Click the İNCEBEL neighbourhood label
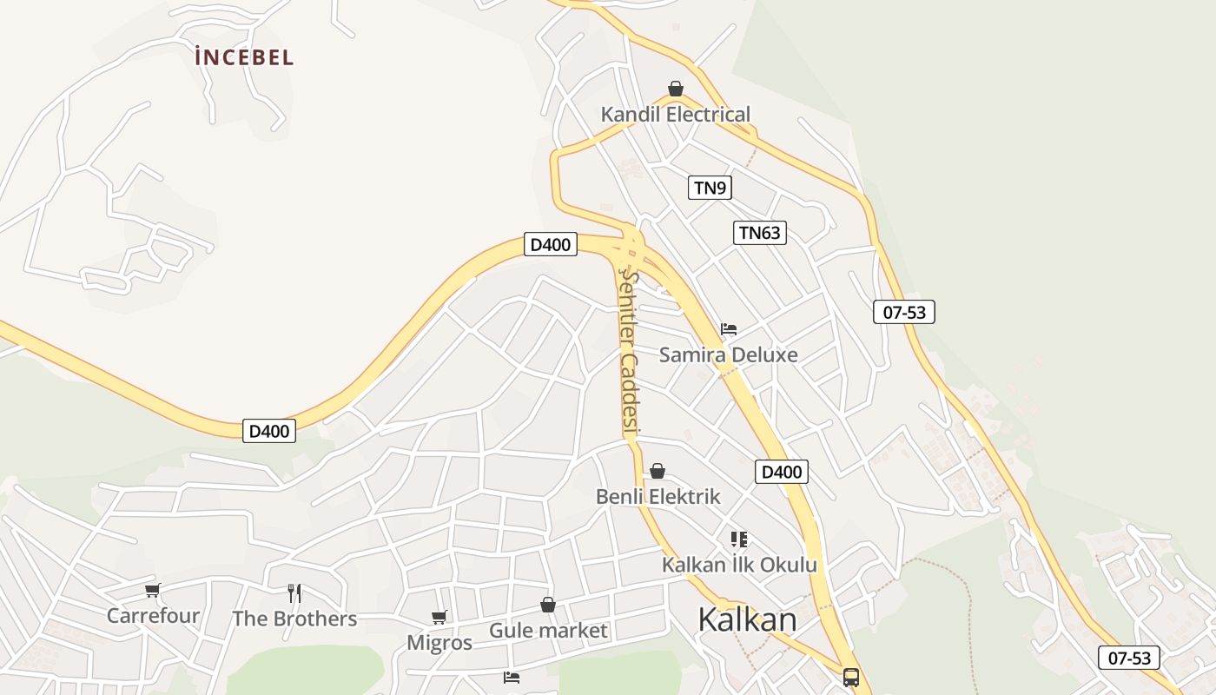click(244, 58)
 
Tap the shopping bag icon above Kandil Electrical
click(676, 89)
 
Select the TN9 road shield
click(710, 187)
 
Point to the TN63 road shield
click(759, 233)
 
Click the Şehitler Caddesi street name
click(629, 351)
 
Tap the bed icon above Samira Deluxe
click(729, 329)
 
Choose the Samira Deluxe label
click(728, 354)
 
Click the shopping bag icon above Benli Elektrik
click(658, 471)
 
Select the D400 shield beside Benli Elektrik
click(781, 472)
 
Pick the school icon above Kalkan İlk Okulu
click(739, 539)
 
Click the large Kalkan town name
click(747, 619)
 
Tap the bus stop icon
click(851, 677)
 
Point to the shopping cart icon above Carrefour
click(153, 591)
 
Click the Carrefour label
click(153, 616)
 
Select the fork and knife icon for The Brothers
click(294, 593)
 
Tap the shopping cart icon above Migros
click(439, 617)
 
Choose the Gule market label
click(548, 630)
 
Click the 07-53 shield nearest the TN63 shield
click(904, 312)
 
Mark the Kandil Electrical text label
click(676, 114)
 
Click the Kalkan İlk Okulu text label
click(739, 565)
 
